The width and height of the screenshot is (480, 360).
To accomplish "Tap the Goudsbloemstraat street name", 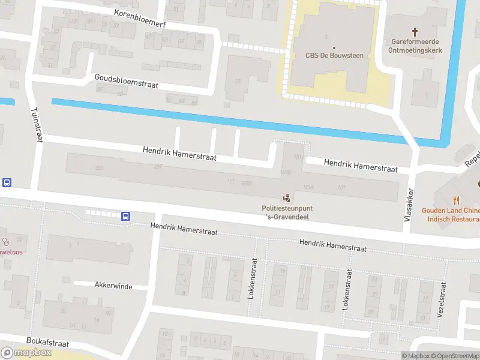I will click(126, 81).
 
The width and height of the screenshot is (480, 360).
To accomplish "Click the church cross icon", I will click(415, 31).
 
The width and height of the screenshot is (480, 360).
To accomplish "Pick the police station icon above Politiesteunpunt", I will click(287, 197).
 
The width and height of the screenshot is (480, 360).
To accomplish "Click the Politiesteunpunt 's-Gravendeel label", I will click(286, 212).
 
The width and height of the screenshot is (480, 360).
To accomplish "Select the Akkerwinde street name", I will click(113, 286).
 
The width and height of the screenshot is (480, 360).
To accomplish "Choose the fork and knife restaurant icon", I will click(456, 200).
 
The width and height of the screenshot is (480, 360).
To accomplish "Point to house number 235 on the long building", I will click(99, 168).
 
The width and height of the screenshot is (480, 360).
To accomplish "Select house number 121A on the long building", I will click(308, 187).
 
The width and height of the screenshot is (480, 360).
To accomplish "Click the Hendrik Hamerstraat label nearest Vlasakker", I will click(361, 166).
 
